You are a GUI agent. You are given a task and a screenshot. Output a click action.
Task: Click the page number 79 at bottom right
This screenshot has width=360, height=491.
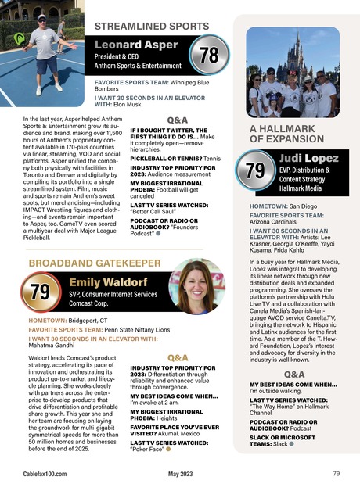click(x=336, y=474)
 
